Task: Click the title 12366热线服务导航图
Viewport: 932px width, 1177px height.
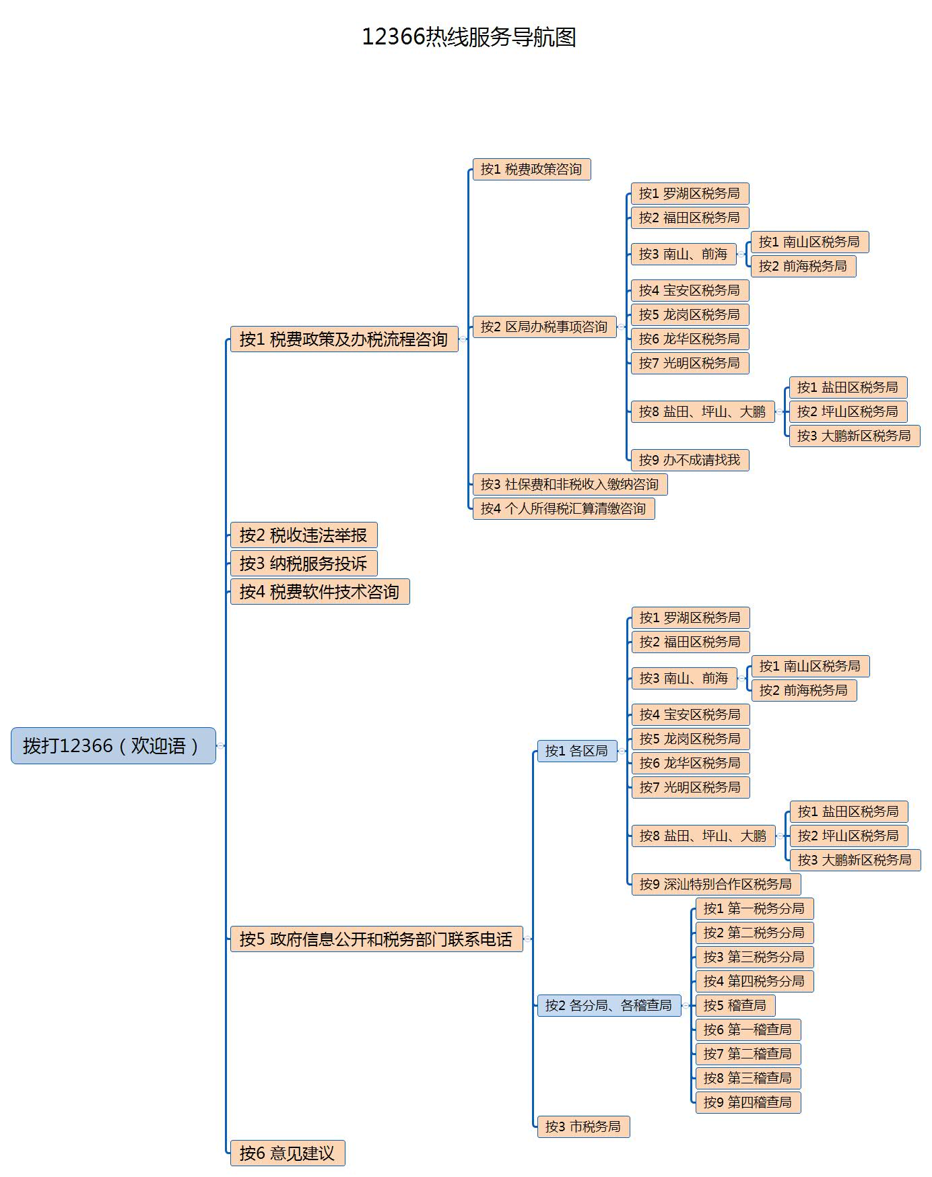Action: click(469, 37)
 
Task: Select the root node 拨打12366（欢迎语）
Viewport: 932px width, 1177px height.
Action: click(113, 745)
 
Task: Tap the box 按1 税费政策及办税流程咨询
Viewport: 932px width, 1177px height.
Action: click(343, 339)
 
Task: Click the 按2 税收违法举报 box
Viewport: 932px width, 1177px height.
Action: click(303, 535)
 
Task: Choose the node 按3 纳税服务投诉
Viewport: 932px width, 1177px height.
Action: click(303, 564)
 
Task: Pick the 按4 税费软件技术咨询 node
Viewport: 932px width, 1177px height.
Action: click(319, 592)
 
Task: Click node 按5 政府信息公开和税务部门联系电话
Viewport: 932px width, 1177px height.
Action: click(376, 939)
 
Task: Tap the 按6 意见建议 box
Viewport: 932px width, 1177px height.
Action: click(287, 1153)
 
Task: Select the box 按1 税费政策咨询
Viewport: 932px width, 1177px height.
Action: click(531, 169)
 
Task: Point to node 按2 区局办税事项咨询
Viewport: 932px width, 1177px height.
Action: click(544, 327)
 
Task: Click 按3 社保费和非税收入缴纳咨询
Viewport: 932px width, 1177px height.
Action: click(570, 484)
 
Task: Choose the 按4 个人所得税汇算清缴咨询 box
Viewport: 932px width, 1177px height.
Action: click(563, 508)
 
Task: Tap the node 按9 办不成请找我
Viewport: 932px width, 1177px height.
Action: click(690, 460)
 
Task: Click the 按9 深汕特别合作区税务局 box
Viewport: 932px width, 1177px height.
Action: click(716, 884)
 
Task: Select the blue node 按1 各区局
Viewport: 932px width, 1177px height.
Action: click(576, 751)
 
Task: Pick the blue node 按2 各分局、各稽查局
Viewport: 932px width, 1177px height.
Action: click(609, 1005)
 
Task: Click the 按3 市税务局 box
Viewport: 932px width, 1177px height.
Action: click(583, 1126)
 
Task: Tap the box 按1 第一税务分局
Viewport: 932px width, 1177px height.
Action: click(754, 908)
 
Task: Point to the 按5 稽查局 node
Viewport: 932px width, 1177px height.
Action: click(735, 1005)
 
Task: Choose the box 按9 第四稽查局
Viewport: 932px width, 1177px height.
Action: click(747, 1102)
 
